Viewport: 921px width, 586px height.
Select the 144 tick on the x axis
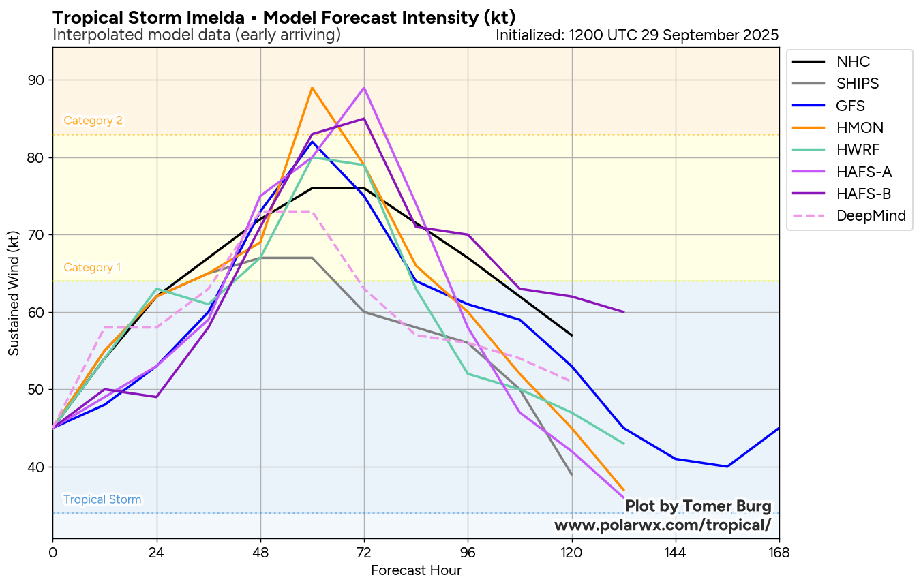point(675,552)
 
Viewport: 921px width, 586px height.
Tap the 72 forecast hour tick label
point(364,552)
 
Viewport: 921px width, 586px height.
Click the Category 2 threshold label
point(93,121)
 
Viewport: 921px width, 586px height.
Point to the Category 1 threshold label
point(92,268)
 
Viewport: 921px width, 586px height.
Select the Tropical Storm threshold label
point(102,499)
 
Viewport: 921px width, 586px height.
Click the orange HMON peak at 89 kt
point(312,88)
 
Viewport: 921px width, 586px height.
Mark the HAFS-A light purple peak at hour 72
point(364,88)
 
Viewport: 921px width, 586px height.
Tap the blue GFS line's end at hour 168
point(779,428)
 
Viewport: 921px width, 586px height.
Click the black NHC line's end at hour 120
point(571,335)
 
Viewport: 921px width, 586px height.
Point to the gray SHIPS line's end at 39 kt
point(571,474)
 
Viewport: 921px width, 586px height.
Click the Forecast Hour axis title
point(416,570)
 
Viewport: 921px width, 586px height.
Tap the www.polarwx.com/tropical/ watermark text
point(662,525)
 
